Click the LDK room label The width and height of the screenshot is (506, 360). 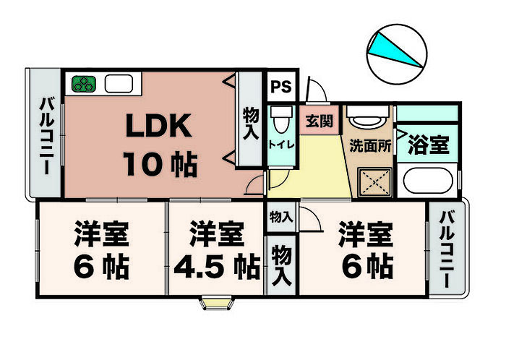[x=159, y=127]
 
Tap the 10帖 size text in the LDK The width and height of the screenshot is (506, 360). [x=160, y=165]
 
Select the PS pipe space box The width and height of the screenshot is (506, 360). [x=280, y=87]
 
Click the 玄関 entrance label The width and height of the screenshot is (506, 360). [x=318, y=121]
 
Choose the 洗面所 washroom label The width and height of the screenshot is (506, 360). [x=371, y=144]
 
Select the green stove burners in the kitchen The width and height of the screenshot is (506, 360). [x=83, y=82]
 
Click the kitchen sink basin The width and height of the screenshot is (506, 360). [x=120, y=82]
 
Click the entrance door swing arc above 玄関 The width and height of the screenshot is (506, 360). [x=317, y=90]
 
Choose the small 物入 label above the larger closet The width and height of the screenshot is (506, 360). [x=281, y=216]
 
